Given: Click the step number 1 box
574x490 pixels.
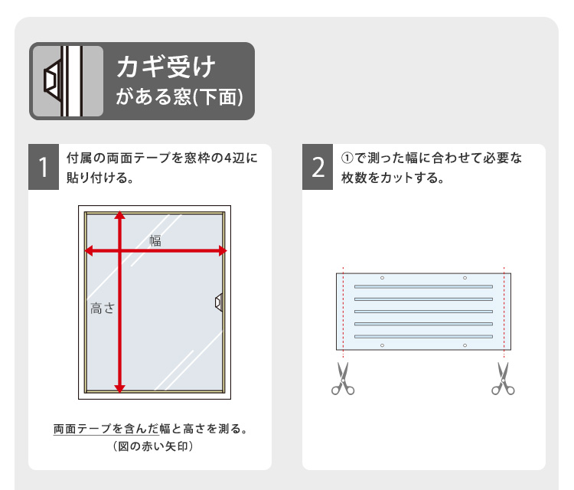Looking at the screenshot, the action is [x=44, y=167].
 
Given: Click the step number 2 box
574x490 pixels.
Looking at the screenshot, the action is [x=318, y=167].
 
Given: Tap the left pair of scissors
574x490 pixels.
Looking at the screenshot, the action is [x=343, y=379].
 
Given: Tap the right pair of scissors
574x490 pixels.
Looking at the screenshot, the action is [x=503, y=379].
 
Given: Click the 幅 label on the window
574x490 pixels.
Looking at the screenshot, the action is [x=155, y=240].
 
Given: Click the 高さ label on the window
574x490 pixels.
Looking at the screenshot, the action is [x=103, y=309].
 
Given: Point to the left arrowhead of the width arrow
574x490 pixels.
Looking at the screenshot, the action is [x=89, y=251].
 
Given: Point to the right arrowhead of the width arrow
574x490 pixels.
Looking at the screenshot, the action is [x=223, y=251].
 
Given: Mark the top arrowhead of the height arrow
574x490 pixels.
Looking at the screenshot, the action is [x=119, y=215].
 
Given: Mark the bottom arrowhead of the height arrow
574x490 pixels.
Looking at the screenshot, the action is [x=119, y=389].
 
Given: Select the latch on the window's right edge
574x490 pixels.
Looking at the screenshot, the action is [x=219, y=302].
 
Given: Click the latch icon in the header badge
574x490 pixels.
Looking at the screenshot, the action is [x=54, y=81].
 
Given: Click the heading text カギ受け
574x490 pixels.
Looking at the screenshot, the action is [x=166, y=67].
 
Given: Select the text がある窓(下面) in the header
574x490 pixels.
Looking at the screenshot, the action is [x=179, y=97].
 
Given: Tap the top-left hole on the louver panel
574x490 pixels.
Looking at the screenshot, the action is [x=382, y=278].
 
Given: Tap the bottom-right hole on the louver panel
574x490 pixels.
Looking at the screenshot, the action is [x=465, y=345].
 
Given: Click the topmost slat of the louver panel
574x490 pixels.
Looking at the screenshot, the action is [x=423, y=287].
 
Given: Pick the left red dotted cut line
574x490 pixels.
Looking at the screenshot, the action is [x=343, y=312].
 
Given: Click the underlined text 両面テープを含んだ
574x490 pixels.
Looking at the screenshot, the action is [x=106, y=429].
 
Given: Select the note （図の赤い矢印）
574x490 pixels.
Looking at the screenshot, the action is [x=153, y=446].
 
